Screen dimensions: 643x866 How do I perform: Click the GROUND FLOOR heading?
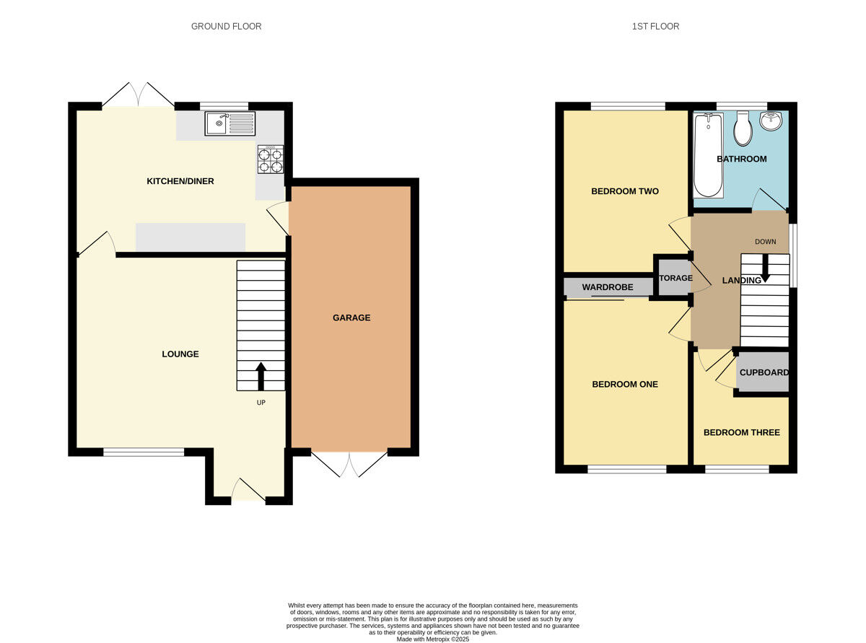pyautogui.click(x=226, y=27)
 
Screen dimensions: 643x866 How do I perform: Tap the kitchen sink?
pyautogui.click(x=229, y=123)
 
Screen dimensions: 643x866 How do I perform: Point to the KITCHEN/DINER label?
pyautogui.click(x=180, y=181)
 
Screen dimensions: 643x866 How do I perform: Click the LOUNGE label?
pyautogui.click(x=180, y=354)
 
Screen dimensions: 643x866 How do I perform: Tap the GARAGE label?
pyautogui.click(x=351, y=318)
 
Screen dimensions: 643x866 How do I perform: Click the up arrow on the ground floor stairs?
pyautogui.click(x=261, y=376)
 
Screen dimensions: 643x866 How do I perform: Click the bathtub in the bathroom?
pyautogui.click(x=707, y=155)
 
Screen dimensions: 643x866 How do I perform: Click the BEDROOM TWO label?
pyautogui.click(x=625, y=191)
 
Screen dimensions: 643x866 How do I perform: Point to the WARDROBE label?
pyautogui.click(x=608, y=287)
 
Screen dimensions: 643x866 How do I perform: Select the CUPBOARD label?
pyautogui.click(x=764, y=373)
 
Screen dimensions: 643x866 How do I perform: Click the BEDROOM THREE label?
pyautogui.click(x=742, y=432)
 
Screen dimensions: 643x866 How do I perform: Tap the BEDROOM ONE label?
pyautogui.click(x=625, y=385)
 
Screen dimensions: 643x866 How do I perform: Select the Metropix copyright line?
pyautogui.click(x=433, y=639)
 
